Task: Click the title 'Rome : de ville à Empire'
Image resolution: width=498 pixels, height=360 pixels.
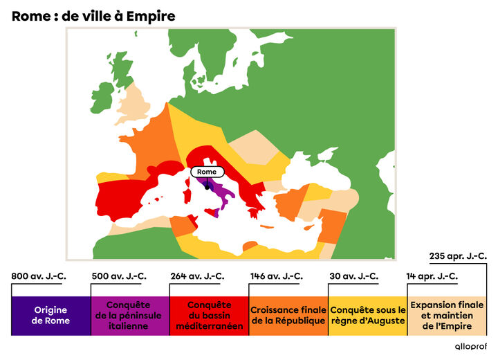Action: point(93,15)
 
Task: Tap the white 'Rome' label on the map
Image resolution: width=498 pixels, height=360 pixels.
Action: point(207,172)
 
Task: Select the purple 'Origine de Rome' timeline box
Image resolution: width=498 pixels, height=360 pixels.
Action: point(50,316)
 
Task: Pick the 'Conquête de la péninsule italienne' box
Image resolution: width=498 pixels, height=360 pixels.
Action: point(130,316)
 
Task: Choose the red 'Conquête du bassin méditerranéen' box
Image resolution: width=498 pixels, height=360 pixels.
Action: point(209,316)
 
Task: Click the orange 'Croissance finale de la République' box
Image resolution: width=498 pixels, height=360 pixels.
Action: point(288,316)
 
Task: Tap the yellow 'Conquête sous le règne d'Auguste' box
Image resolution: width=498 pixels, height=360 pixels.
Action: point(367,316)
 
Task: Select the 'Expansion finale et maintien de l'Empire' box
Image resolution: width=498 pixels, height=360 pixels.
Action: point(446,316)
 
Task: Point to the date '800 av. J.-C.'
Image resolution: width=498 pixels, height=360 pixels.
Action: point(39,276)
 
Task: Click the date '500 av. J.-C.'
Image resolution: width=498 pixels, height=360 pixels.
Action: point(119,276)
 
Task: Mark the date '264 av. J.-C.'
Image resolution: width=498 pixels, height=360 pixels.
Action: point(197,276)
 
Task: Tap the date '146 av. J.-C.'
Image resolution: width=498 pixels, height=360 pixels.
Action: point(276,276)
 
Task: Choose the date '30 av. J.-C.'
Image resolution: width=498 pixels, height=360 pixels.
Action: point(353,276)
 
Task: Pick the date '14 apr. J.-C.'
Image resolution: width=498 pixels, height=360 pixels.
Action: point(432,276)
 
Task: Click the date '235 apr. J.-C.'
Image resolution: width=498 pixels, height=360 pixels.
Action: point(458,255)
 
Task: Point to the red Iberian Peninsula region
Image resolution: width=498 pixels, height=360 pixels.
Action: point(124,194)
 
